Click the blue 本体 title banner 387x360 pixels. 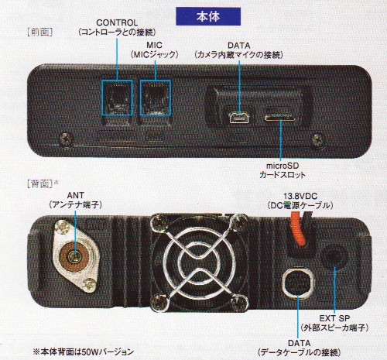tap(208, 16)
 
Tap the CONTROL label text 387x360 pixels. tap(117, 22)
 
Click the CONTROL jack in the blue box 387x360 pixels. tap(117, 98)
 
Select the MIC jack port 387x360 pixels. tap(156, 98)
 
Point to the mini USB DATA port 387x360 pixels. tap(239, 118)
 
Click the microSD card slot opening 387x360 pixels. tap(280, 118)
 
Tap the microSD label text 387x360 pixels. tap(283, 166)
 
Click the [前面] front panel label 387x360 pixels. tap(40, 32)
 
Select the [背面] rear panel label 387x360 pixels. tap(40, 183)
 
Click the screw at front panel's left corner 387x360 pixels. tap(67, 139)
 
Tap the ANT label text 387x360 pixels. tap(75, 195)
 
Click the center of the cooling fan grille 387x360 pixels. tap(199, 262)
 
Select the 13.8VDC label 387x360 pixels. tap(300, 196)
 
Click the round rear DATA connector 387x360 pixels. tap(298, 283)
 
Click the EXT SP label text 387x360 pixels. tap(334, 318)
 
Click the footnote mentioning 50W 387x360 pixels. tap(83, 351)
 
